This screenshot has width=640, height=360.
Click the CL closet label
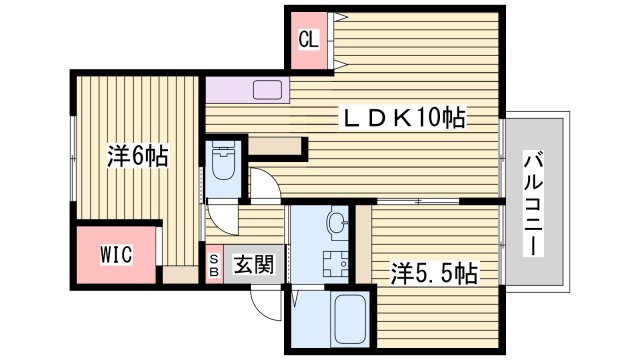tap(309, 41)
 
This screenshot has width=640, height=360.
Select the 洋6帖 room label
tap(137, 156)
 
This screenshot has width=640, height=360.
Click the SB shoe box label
tap(214, 265)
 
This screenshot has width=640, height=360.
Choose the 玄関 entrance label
tap(253, 265)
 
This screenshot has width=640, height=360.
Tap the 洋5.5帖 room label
tap(432, 271)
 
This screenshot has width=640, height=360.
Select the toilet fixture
tap(222, 161)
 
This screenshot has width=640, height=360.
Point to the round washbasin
tap(336, 224)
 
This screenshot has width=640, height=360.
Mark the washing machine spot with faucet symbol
tap(332, 266)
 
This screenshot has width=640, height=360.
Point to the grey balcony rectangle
tap(532, 200)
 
